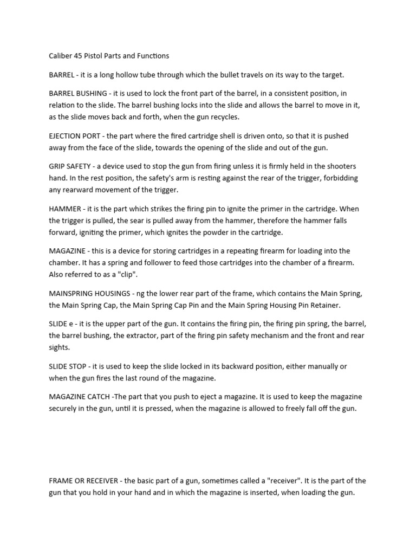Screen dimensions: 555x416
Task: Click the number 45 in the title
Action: point(81,55)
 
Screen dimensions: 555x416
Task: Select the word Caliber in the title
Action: point(62,55)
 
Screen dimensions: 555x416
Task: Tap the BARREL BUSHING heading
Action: point(78,94)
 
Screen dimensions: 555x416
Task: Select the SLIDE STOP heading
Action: point(69,366)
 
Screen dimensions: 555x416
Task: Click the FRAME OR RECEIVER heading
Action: point(85,481)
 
